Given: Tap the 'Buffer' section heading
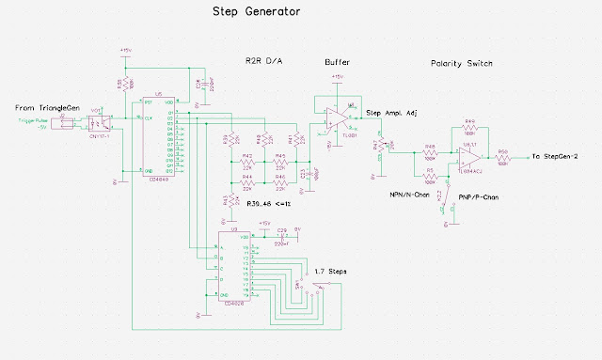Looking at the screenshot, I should click(x=338, y=63).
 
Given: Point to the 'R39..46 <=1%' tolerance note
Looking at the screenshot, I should click(x=272, y=202).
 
